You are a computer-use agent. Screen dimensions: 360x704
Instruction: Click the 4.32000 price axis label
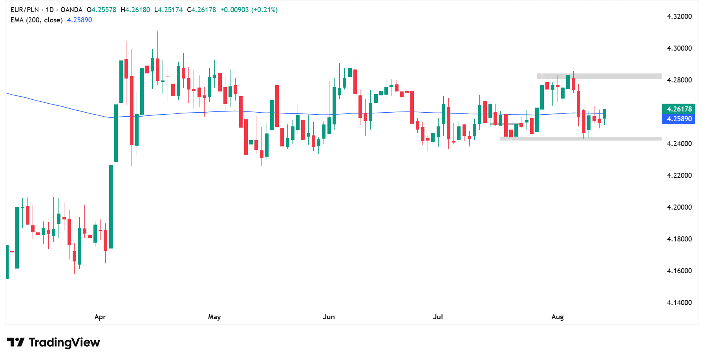[679, 16]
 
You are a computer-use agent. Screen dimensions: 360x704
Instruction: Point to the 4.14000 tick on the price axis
[679, 303]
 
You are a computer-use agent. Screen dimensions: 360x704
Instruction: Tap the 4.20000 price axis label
[679, 207]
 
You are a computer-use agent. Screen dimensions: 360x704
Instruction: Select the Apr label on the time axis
[100, 317]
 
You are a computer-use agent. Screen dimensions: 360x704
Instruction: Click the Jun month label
[329, 317]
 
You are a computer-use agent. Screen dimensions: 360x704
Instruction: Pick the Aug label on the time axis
[557, 317]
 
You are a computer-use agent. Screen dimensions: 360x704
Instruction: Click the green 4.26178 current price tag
[679, 109]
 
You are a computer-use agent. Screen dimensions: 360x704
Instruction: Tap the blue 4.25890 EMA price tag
[679, 119]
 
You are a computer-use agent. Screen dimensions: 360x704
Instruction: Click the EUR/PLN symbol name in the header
[25, 10]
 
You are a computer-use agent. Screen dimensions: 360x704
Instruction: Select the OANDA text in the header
[71, 10]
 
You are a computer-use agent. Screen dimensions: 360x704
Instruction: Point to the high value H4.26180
[135, 10]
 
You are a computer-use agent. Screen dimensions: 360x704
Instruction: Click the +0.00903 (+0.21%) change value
[249, 10]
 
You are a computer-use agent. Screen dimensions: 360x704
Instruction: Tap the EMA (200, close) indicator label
[37, 20]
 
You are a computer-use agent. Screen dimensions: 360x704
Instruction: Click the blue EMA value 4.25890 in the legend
[80, 20]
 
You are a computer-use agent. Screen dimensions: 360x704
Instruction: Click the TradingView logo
[54, 342]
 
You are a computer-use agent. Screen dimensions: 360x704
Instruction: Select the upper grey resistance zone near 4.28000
[599, 76]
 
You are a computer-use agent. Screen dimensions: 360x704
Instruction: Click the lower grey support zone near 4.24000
[581, 139]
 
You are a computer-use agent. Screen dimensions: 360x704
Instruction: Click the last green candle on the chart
[604, 113]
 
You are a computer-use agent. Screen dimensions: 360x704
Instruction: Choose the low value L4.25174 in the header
[168, 10]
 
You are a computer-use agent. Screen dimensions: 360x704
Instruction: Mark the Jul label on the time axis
[438, 317]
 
